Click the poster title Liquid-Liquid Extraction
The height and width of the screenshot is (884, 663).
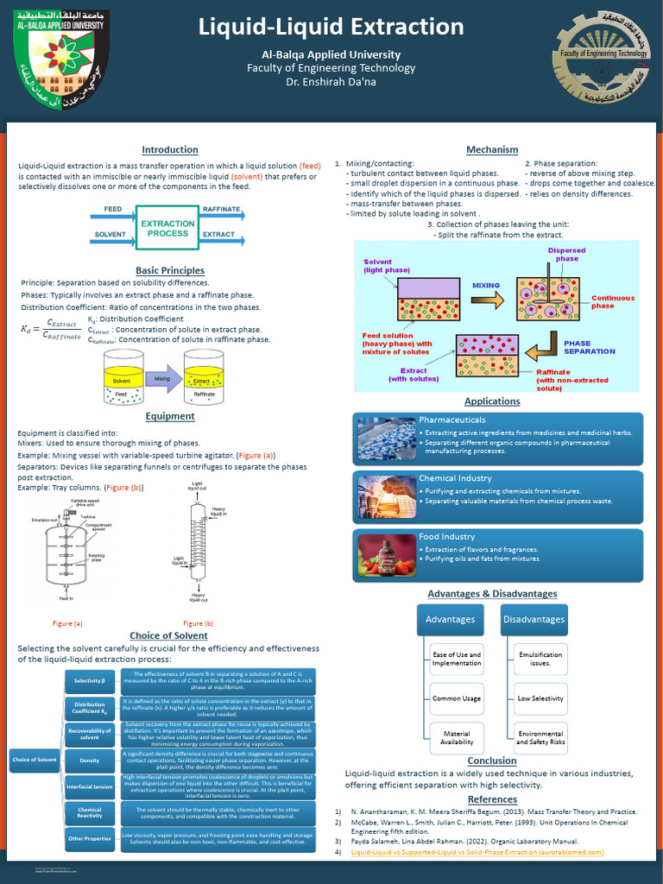pyautogui.click(x=331, y=27)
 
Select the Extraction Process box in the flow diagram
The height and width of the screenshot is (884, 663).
pyautogui.click(x=167, y=228)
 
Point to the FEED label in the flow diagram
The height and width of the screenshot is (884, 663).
pyautogui.click(x=113, y=210)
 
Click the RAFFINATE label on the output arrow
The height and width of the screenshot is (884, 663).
pyautogui.click(x=221, y=210)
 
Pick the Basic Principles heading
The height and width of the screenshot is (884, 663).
pyautogui.click(x=170, y=270)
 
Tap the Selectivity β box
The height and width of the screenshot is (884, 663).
pyautogui.click(x=89, y=681)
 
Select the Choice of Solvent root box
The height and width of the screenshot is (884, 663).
pyautogui.click(x=34, y=760)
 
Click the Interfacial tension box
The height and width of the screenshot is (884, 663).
pyautogui.click(x=89, y=786)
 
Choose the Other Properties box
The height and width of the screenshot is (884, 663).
pyautogui.click(x=89, y=838)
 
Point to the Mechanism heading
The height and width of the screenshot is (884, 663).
pyautogui.click(x=492, y=149)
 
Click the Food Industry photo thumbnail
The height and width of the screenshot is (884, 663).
pyautogui.click(x=386, y=556)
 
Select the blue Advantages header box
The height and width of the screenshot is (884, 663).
pyautogui.click(x=450, y=619)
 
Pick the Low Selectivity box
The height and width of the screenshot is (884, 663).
pyautogui.click(x=540, y=698)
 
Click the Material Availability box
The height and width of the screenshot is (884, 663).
pyautogui.click(x=457, y=736)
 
